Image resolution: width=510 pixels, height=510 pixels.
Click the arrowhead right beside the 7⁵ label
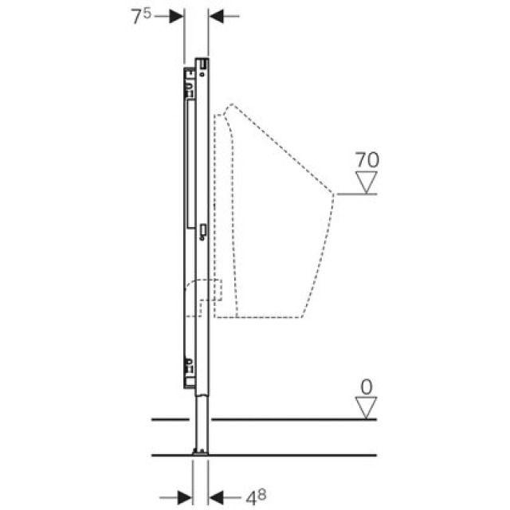point(177,17)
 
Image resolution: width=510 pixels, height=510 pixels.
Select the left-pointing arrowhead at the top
point(217,17)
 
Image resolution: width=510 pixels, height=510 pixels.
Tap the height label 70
point(367,160)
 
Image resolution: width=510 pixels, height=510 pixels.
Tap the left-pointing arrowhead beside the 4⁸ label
point(216,497)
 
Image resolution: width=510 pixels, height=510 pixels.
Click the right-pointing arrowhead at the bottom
point(185,497)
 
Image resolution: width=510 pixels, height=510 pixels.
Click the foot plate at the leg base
point(201,453)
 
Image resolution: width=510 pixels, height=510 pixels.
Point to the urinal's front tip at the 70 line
point(335,194)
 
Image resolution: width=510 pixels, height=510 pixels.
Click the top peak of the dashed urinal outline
point(229,105)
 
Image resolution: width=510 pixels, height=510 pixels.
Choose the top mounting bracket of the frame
point(190,77)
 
